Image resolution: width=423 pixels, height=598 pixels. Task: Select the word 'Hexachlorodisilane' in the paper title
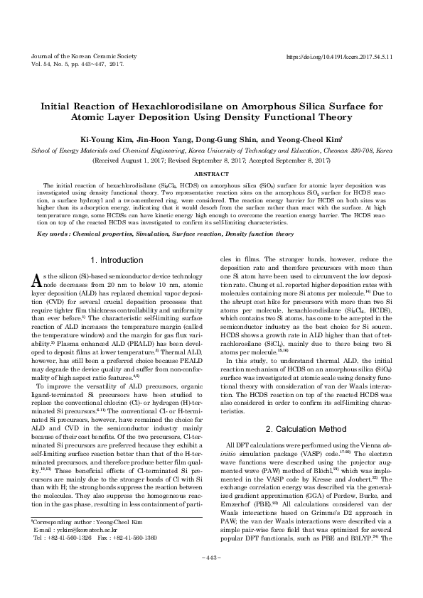click(x=146, y=104)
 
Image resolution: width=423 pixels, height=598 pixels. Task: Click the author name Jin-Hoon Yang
click(x=161, y=141)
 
